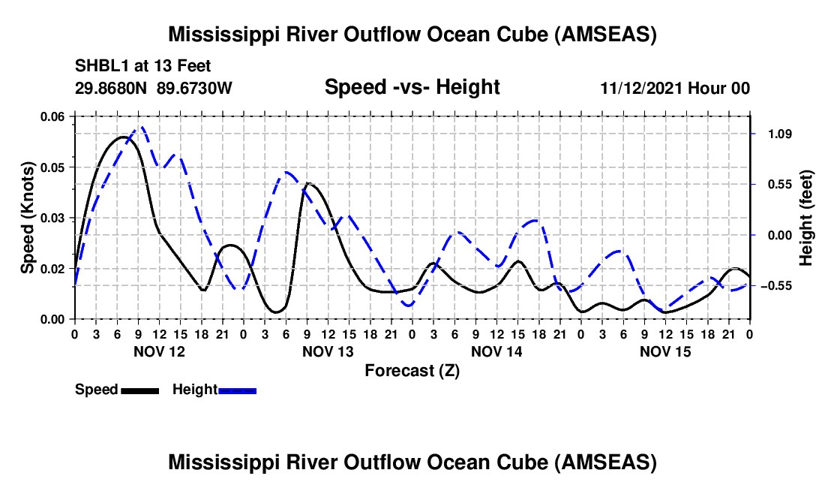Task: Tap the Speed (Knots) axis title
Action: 28,218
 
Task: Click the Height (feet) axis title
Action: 806,218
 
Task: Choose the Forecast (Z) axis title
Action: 412,370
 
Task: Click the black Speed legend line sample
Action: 139,390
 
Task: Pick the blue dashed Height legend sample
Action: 238,390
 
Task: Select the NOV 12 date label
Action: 159,351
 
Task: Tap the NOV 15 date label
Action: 664,351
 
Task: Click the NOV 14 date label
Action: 496,351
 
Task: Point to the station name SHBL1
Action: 99,65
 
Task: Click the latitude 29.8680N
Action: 112,88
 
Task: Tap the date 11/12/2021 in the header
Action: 640,88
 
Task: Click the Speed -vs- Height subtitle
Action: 412,87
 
